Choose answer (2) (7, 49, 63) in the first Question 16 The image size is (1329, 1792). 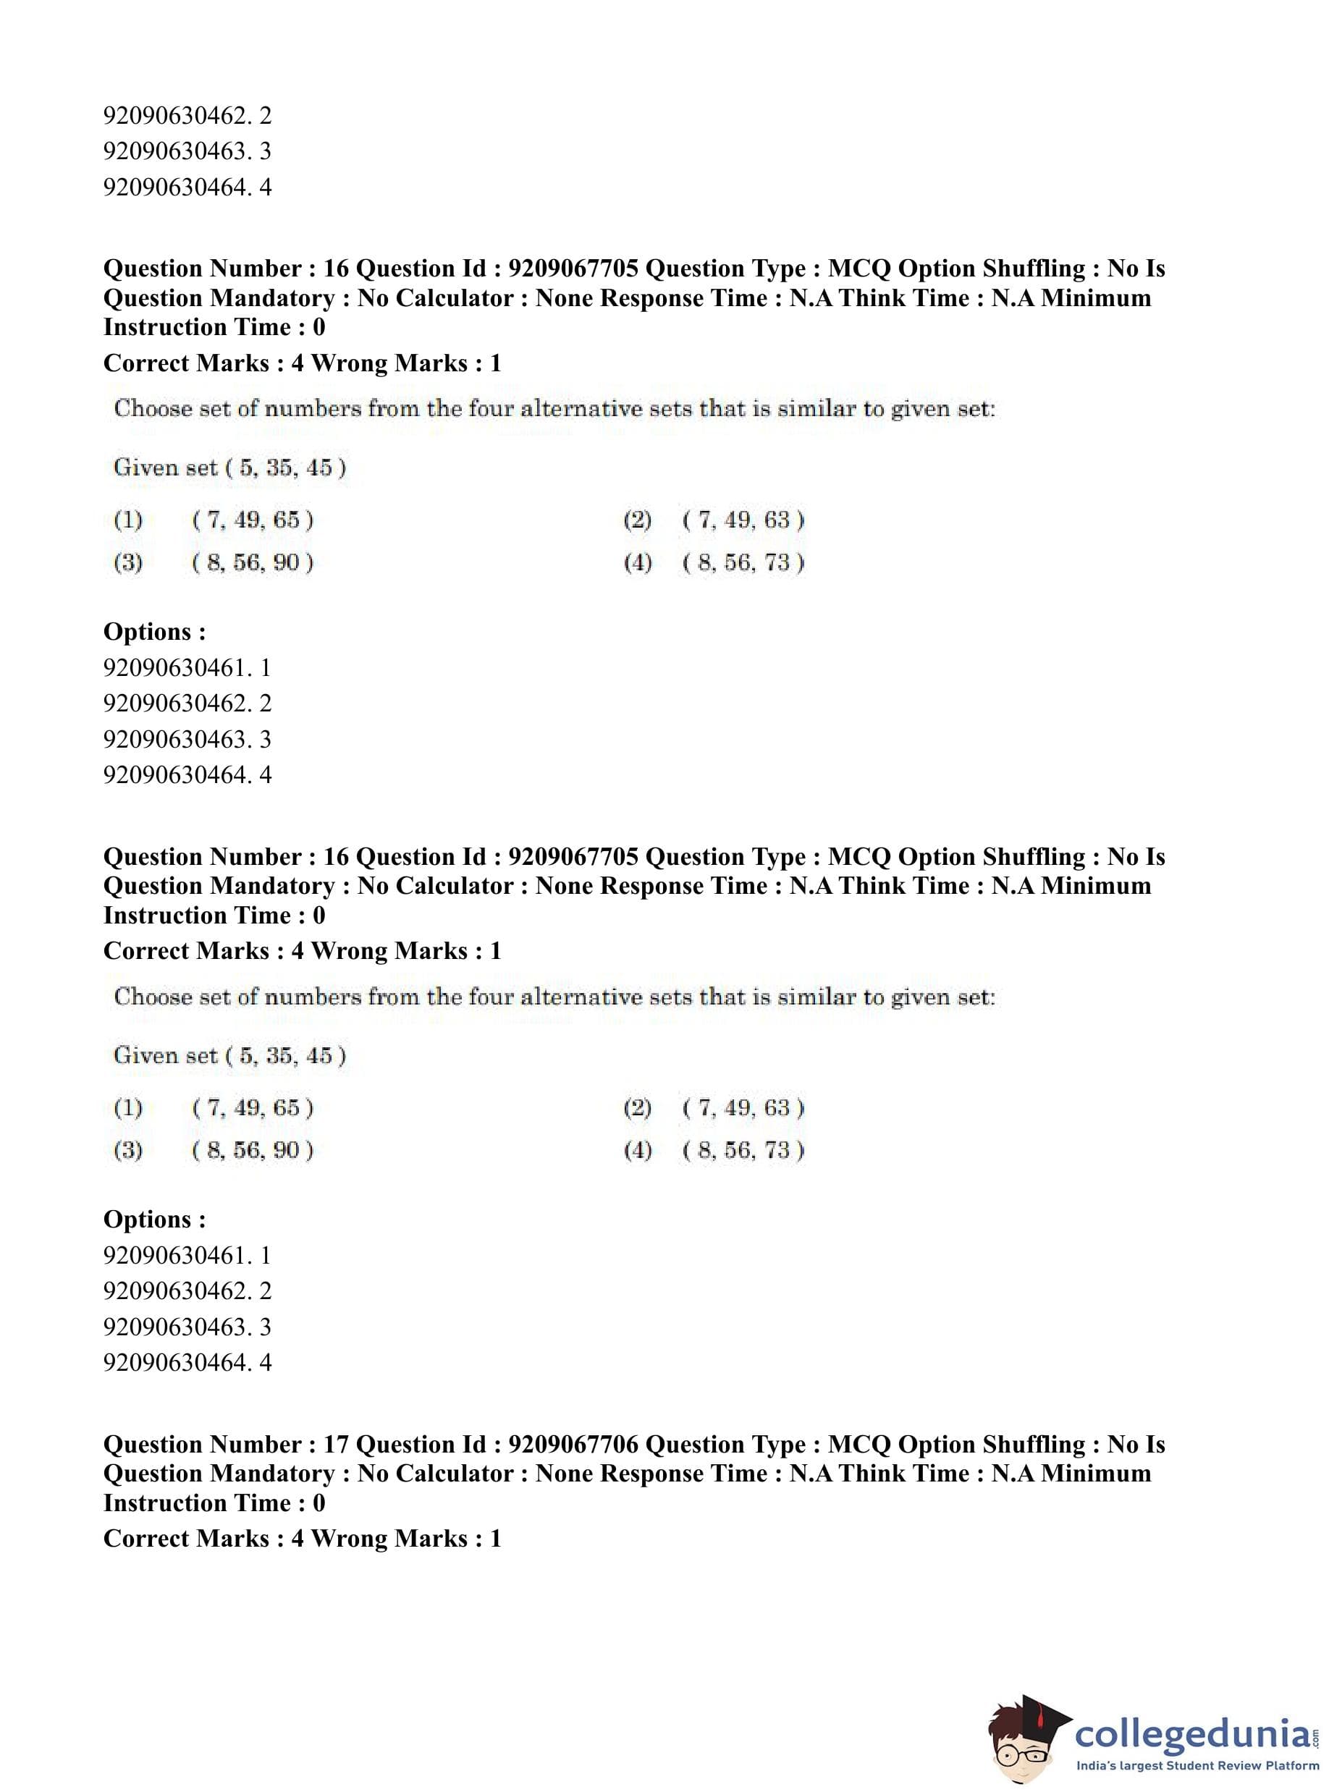743,520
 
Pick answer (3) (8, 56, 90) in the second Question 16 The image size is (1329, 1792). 252,1149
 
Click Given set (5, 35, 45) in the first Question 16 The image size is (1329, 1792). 230,468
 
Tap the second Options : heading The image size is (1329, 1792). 154,1219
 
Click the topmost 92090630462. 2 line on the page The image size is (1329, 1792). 187,116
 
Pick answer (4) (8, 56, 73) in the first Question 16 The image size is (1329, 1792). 743,562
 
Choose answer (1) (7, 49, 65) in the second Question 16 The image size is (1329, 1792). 252,1107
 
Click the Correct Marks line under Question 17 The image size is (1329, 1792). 303,1538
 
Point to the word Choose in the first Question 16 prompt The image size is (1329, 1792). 152,409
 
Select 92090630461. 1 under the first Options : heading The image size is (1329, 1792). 187,667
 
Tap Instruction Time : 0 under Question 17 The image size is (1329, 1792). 214,1503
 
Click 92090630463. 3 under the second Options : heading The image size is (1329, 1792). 187,1327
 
